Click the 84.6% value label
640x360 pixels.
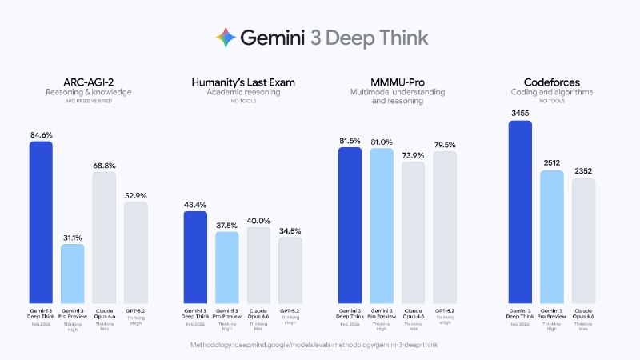41,135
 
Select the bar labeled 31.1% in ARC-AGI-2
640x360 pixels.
73,273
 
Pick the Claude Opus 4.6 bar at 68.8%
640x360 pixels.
104,237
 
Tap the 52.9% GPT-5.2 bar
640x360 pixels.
136,252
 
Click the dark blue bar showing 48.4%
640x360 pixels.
196,257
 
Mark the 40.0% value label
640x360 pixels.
258,221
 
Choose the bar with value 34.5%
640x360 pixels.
290,270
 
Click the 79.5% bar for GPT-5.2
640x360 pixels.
445,227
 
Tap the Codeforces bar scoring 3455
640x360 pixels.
520,211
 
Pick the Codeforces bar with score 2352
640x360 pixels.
583,240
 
